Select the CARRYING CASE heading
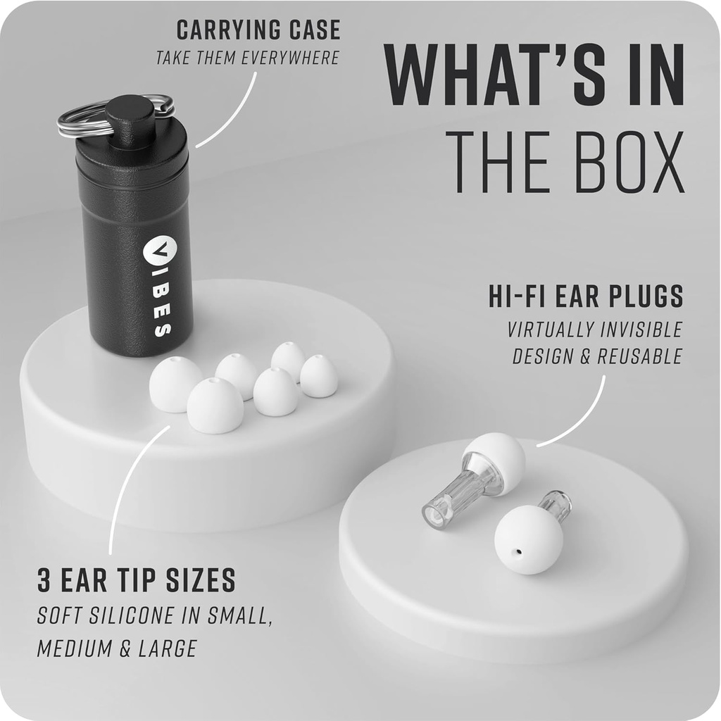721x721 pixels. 258,30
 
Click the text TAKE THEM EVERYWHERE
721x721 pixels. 248,58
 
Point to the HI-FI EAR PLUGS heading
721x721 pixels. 586,297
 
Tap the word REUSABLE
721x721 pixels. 639,356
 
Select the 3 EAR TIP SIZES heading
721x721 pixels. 136,581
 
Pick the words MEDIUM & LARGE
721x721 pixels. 117,648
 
